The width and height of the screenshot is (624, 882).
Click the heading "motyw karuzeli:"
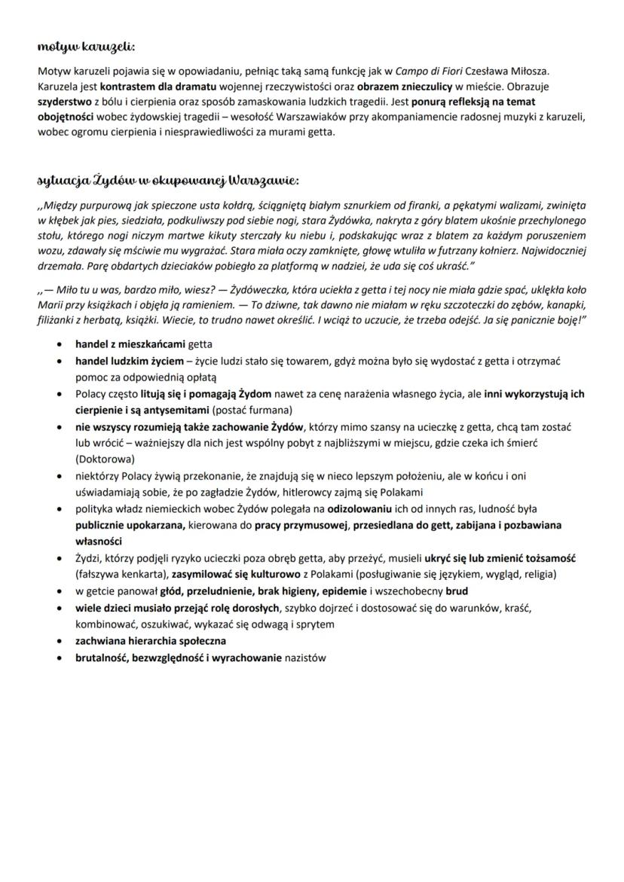pyautogui.click(x=86, y=47)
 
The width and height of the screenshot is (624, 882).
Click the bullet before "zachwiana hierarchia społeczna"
pyautogui.click(x=60, y=640)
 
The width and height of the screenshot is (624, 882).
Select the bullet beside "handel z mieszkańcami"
pyautogui.click(x=60, y=343)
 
